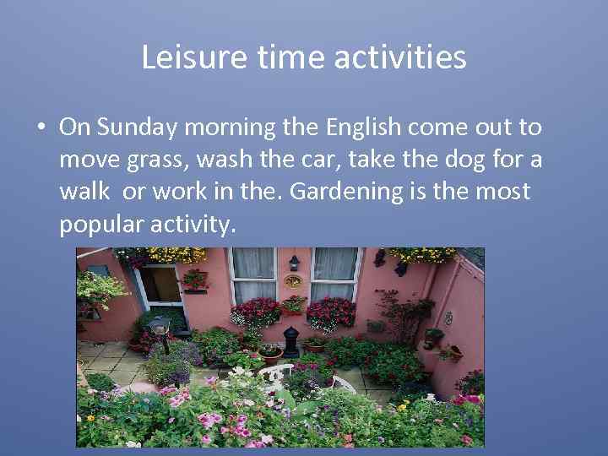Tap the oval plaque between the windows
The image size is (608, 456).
[x=293, y=281]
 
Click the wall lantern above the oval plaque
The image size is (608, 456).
[x=293, y=262]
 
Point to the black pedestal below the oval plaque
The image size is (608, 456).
[x=292, y=343]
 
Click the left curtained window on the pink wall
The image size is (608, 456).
[x=253, y=274]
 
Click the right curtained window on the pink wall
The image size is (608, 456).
[x=334, y=274]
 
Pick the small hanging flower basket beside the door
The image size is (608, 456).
[x=195, y=280]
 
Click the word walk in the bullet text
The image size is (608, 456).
[x=84, y=191]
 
